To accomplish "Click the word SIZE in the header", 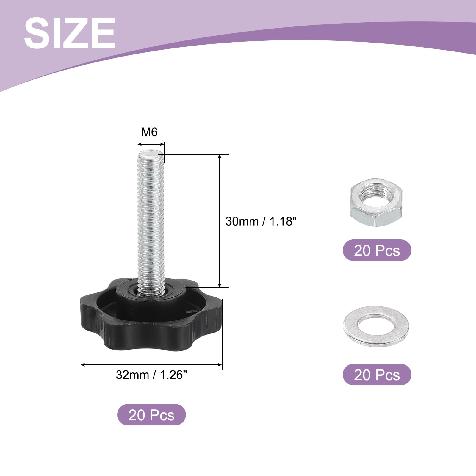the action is coord(70,33).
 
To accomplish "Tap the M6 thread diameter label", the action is coord(149,132).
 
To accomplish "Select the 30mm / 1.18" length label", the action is coord(261,221).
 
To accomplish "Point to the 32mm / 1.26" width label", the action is coord(151,375).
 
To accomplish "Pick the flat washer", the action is coord(376,326).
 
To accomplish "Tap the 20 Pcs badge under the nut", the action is coord(377,250).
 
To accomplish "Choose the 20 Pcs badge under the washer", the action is coord(377,375).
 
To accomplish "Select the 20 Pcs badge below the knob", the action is coord(151,415).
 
